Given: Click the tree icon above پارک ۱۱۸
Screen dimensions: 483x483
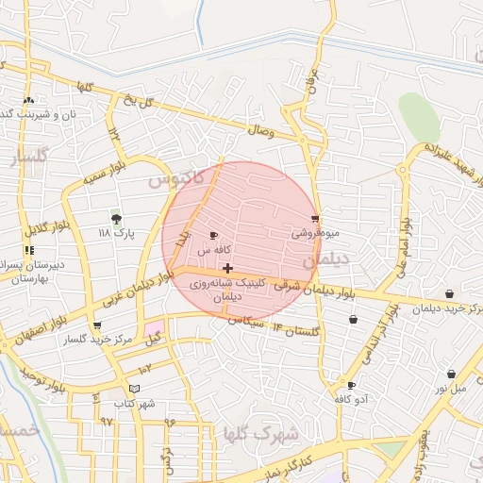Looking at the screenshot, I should pos(116,218).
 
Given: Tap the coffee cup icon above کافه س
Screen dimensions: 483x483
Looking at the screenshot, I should pos(213,236).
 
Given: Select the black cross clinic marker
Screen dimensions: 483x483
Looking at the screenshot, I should pos(227,268).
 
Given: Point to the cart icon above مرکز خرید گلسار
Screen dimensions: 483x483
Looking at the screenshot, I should pos(96,325).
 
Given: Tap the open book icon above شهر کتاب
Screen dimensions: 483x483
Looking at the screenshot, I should pos(134,389).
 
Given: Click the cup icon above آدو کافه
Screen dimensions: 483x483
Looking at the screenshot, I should pos(351,385).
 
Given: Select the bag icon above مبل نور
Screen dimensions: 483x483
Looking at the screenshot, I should pos(451,374).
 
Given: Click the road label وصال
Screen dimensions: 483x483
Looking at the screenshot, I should pos(261,132).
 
